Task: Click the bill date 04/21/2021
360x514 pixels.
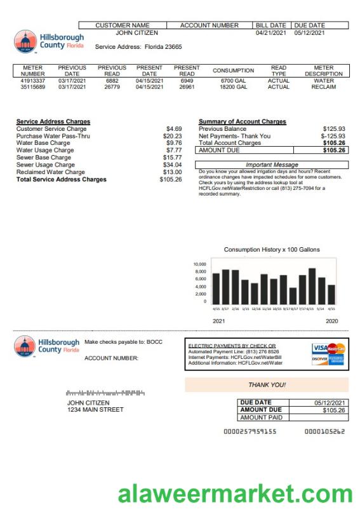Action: tap(270, 32)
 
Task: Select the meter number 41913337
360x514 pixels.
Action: tap(33, 81)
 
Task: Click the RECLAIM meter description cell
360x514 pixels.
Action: tap(323, 87)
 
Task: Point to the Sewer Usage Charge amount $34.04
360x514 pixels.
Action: tap(172, 165)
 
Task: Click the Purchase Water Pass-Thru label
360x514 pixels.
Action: tap(48, 136)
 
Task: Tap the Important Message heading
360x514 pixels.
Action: tap(272, 165)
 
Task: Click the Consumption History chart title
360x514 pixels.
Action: tap(272, 250)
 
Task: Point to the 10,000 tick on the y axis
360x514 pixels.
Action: tap(199, 264)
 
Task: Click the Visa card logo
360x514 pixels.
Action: tap(319, 348)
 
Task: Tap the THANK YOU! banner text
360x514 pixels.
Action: tap(267, 385)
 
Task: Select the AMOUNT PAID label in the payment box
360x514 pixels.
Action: tap(261, 417)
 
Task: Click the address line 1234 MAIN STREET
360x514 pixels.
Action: tap(95, 410)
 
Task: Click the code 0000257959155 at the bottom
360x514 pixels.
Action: tap(250, 432)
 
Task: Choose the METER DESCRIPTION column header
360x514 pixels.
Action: tap(323, 71)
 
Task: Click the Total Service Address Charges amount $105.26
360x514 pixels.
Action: tap(171, 180)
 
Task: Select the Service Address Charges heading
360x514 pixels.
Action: tap(53, 121)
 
